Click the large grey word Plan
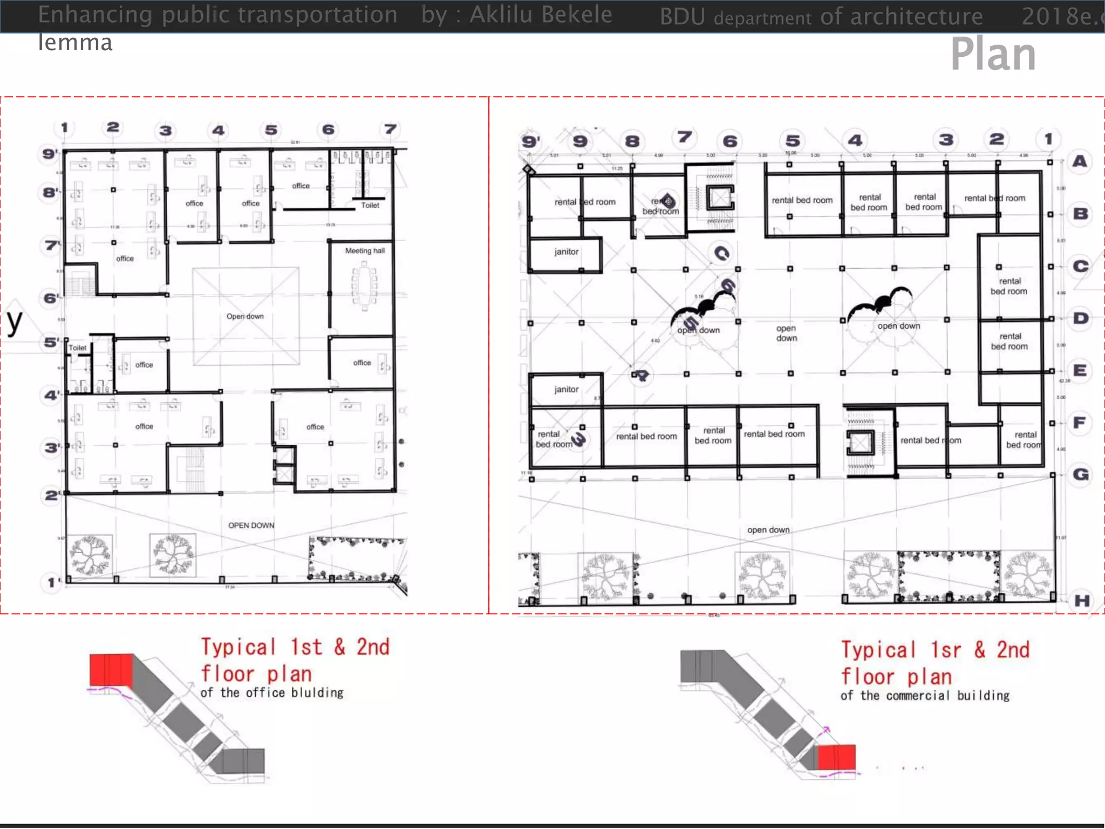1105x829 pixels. point(993,54)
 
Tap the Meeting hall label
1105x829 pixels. point(365,250)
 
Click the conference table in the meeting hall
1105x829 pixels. point(364,286)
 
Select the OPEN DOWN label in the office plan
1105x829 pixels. point(251,525)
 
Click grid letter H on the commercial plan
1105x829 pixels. point(1081,601)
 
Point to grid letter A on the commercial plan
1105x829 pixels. point(1080,161)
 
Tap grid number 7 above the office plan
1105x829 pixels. point(390,130)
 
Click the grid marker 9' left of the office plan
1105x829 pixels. point(50,153)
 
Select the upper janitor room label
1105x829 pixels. point(566,252)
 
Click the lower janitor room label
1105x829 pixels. point(566,389)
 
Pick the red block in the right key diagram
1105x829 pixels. point(836,757)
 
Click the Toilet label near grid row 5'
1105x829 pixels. point(77,348)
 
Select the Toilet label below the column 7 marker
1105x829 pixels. point(370,205)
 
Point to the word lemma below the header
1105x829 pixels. point(75,43)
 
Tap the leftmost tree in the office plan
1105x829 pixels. point(90,555)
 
